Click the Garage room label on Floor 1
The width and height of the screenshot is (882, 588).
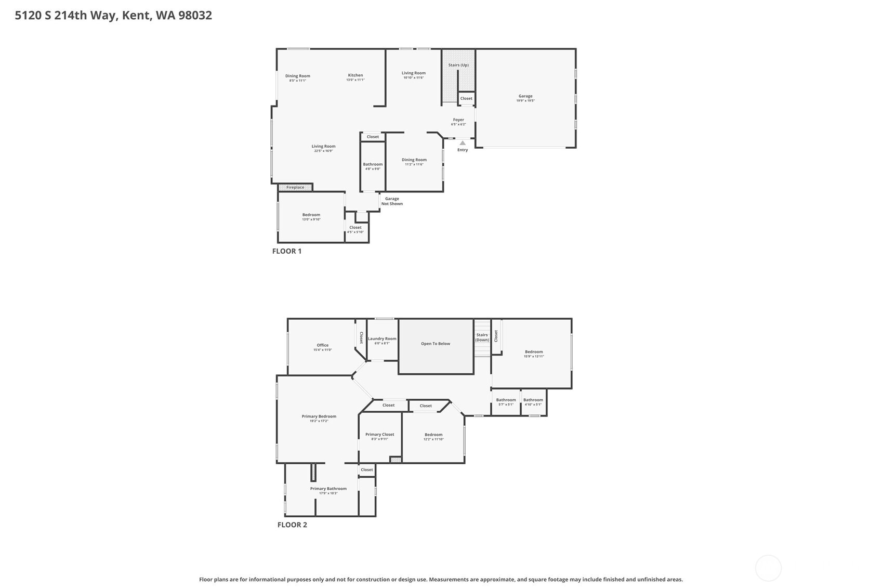tap(525, 96)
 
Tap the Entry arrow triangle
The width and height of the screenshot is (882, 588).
tap(463, 143)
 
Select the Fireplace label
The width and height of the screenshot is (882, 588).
tap(295, 187)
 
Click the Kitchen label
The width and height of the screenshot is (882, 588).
tap(356, 75)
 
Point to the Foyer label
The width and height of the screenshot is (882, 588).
tap(458, 120)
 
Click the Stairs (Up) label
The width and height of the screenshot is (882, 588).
tap(458, 65)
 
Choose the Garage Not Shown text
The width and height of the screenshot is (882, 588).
tap(392, 201)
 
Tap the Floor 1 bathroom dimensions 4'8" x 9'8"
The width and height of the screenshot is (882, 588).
tap(373, 169)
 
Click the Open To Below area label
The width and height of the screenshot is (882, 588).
tap(436, 344)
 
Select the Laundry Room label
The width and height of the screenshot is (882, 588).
tap(382, 338)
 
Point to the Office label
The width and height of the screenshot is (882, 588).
tap(323, 345)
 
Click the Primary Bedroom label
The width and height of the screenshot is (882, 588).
tap(319, 416)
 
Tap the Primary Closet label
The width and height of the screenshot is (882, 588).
tap(379, 435)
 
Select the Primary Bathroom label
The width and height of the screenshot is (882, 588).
tap(328, 489)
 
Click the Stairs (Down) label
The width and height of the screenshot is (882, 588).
tap(482, 337)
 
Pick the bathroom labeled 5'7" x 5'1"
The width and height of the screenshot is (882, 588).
tap(506, 402)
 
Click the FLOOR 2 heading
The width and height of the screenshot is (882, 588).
tap(292, 525)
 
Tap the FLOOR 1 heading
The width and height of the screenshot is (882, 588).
tap(287, 251)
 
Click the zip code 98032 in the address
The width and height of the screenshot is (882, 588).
tap(195, 15)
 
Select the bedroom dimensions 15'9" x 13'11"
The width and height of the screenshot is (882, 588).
tap(534, 357)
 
